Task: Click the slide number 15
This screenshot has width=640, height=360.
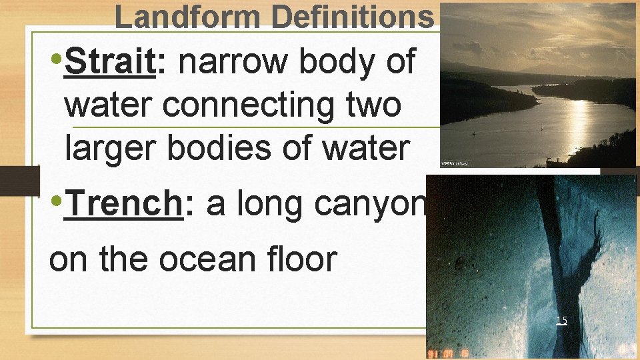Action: tap(561, 321)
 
